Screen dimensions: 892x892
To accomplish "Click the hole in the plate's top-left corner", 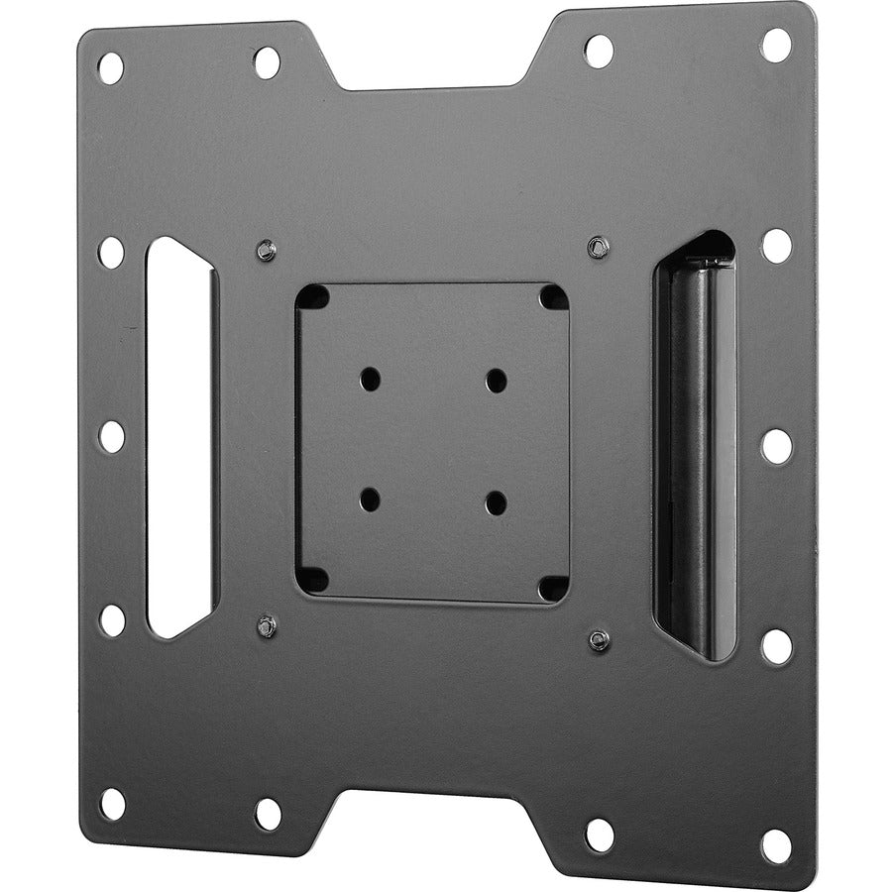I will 110,67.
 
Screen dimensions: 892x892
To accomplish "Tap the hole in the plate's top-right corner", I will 776,45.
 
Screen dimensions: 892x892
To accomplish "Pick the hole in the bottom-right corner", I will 776,844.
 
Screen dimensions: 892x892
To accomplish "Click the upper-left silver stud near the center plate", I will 265,250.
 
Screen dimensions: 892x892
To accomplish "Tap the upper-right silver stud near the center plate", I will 596,246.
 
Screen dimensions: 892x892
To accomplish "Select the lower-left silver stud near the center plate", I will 266,625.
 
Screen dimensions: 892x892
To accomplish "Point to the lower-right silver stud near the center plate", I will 598,639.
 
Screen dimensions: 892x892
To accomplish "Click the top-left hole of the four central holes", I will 370,378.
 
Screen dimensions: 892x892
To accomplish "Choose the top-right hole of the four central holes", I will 496,380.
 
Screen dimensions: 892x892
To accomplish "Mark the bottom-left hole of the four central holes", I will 370,498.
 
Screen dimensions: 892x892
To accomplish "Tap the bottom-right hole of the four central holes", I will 496,502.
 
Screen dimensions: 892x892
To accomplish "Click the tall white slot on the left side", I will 179,436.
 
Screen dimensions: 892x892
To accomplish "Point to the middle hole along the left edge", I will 112,436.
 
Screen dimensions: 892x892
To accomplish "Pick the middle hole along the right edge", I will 776,445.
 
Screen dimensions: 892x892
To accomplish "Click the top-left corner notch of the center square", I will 313,296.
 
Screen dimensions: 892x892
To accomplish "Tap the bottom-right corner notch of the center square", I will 552,587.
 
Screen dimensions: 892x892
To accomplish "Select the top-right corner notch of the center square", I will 553,297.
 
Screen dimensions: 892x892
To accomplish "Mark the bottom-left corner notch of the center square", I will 314,579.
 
